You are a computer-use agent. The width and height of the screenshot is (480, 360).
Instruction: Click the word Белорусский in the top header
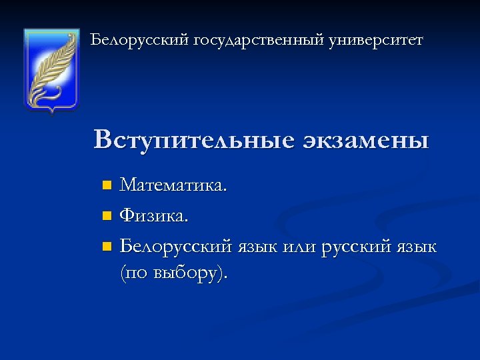[x=140, y=41]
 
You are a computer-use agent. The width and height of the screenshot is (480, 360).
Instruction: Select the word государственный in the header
[x=259, y=41]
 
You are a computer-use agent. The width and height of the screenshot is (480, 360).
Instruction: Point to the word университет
[x=376, y=41]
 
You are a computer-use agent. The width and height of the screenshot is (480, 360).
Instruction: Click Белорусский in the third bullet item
[x=175, y=247]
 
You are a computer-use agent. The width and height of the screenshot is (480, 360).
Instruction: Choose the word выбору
[x=190, y=274]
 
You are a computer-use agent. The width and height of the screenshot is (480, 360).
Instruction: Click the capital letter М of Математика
[x=127, y=184]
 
